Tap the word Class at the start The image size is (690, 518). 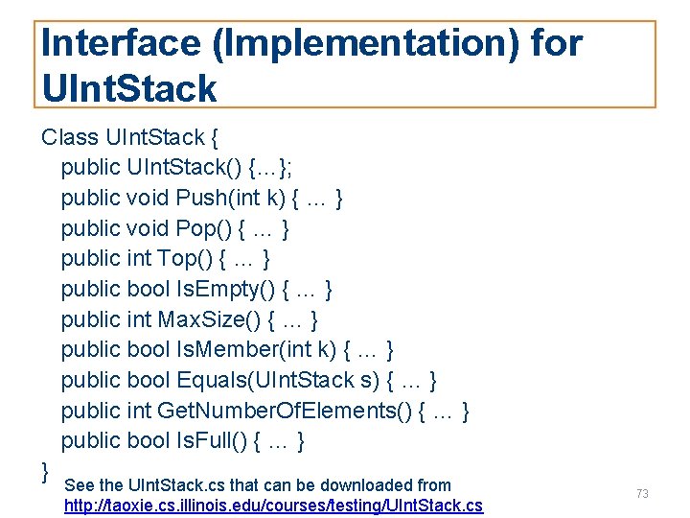point(70,136)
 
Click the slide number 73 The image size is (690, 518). point(642,493)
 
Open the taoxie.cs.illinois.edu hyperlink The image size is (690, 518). point(273,506)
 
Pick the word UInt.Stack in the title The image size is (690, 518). point(130,88)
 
